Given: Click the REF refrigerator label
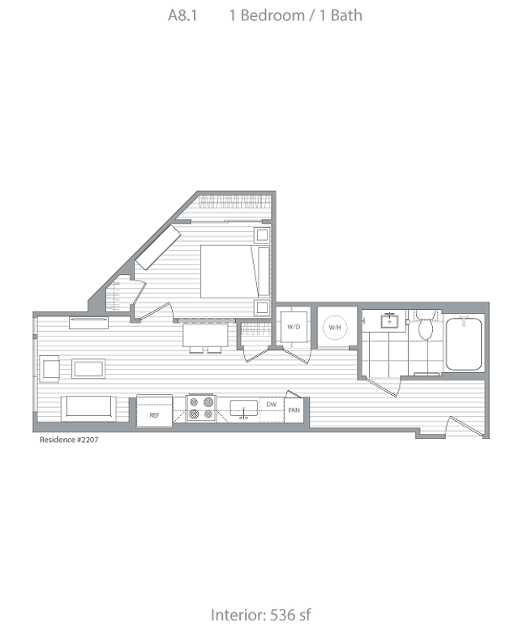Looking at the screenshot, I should pos(154,415).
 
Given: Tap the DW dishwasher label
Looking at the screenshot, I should pos(271,404).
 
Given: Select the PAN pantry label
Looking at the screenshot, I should pos(294,410).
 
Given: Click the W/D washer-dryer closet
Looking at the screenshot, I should pos(293,327).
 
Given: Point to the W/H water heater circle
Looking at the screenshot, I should pos(335,327).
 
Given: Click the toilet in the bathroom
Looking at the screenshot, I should pos(424,326).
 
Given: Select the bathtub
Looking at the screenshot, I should pos(464,343).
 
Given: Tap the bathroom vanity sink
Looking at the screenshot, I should pos(389,320).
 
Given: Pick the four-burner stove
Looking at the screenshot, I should pos(200,408).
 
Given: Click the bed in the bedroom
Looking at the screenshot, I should pos(235,271).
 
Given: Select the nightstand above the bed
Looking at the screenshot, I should pos(263,236).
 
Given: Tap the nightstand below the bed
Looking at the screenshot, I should pos(263,307).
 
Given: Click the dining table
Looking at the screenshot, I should pos(204,336).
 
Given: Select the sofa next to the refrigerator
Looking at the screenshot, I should pos(88,408).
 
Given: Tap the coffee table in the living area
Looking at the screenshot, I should pos(88,369).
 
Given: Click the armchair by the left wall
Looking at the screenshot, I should pos(49,369).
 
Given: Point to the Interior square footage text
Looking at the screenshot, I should pos(259,615).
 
